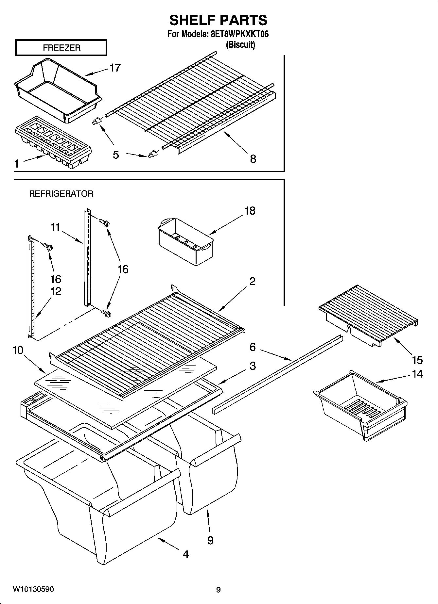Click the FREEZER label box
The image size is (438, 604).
pos(61,48)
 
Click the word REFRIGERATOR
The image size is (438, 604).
pos(61,194)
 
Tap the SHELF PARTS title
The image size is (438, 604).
pos(218,20)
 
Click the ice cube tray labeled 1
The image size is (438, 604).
pos(52,142)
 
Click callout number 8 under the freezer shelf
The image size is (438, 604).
pos(253,159)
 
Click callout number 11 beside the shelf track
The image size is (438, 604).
pos(55,227)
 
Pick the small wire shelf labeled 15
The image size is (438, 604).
pos(368,315)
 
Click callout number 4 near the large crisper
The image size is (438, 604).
pos(185,554)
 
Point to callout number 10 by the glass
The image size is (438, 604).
pos(18,351)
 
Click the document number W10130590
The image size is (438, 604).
pos(33,589)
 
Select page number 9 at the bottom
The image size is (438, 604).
pos(218,590)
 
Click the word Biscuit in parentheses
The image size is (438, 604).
pos(240,45)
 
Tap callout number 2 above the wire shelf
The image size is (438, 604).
pos(252,281)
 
